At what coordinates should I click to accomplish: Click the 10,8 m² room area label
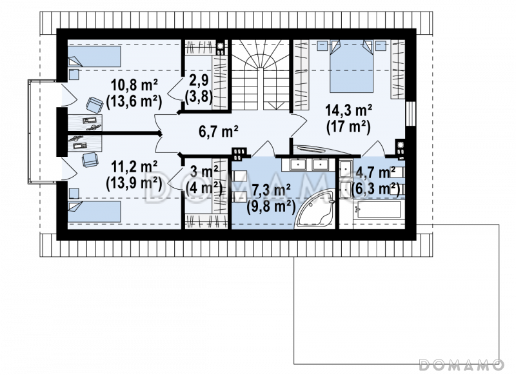(x=134, y=86)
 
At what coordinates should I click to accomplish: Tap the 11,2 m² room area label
(x=134, y=167)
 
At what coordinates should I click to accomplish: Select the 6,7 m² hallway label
(x=219, y=132)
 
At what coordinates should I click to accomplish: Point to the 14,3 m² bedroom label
(x=348, y=110)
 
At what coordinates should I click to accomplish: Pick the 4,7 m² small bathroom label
(x=375, y=172)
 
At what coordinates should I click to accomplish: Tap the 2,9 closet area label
(x=199, y=80)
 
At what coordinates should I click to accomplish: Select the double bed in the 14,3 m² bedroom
(x=352, y=66)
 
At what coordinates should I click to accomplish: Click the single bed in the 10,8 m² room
(x=94, y=56)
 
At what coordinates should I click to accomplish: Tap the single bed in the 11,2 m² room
(x=94, y=212)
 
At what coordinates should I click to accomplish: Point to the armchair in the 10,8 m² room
(x=94, y=105)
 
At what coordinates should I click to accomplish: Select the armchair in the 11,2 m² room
(x=90, y=160)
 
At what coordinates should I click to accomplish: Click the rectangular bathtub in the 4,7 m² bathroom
(x=379, y=210)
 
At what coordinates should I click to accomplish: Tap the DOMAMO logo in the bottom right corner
(x=462, y=365)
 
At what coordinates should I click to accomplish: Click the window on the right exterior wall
(x=411, y=114)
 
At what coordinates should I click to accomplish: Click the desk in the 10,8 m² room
(x=85, y=122)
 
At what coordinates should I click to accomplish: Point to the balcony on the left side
(x=43, y=132)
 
